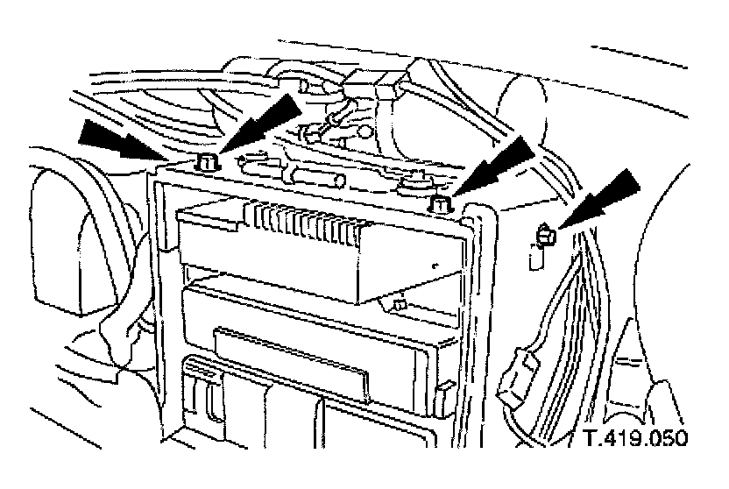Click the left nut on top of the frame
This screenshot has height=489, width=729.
coord(208,162)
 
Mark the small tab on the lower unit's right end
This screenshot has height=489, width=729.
coord(446,386)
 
